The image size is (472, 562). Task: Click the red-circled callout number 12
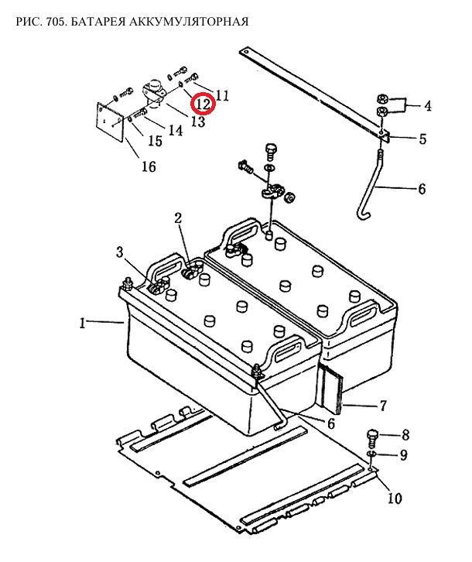click(x=203, y=104)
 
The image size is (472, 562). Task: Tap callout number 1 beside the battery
click(x=83, y=324)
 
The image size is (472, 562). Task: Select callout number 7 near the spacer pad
click(x=383, y=406)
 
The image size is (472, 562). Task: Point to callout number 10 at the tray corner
click(x=394, y=499)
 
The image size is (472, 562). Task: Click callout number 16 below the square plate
click(x=149, y=166)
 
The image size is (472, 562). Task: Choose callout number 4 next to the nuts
click(x=428, y=106)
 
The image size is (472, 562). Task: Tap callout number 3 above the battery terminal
click(x=119, y=252)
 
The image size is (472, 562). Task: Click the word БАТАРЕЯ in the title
click(x=97, y=22)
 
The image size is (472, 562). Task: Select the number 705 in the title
click(x=56, y=22)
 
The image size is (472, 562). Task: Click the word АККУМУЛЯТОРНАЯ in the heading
click(x=189, y=22)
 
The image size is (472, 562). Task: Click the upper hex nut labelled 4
click(x=382, y=98)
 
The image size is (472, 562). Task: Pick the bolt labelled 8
click(x=371, y=437)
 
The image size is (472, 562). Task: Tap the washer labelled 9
click(x=371, y=454)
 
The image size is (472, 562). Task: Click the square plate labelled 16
click(x=110, y=121)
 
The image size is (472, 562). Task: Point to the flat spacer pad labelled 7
click(x=331, y=388)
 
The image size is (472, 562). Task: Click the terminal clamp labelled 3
click(x=157, y=286)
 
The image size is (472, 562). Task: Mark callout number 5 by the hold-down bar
click(x=422, y=139)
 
